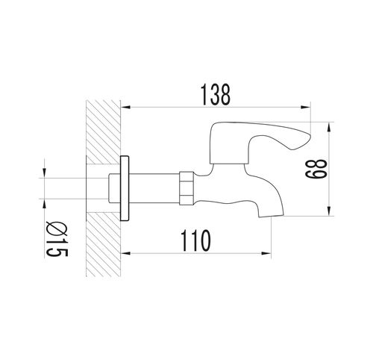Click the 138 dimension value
(216, 95)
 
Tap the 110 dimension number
(196, 240)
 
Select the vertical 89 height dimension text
(316, 169)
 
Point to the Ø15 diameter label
(57, 239)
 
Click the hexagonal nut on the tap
(186, 187)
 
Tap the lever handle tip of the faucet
(309, 137)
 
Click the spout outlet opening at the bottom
(272, 216)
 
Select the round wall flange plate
(125, 188)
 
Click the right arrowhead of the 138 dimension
(306, 108)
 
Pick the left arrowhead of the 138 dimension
(125, 108)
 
